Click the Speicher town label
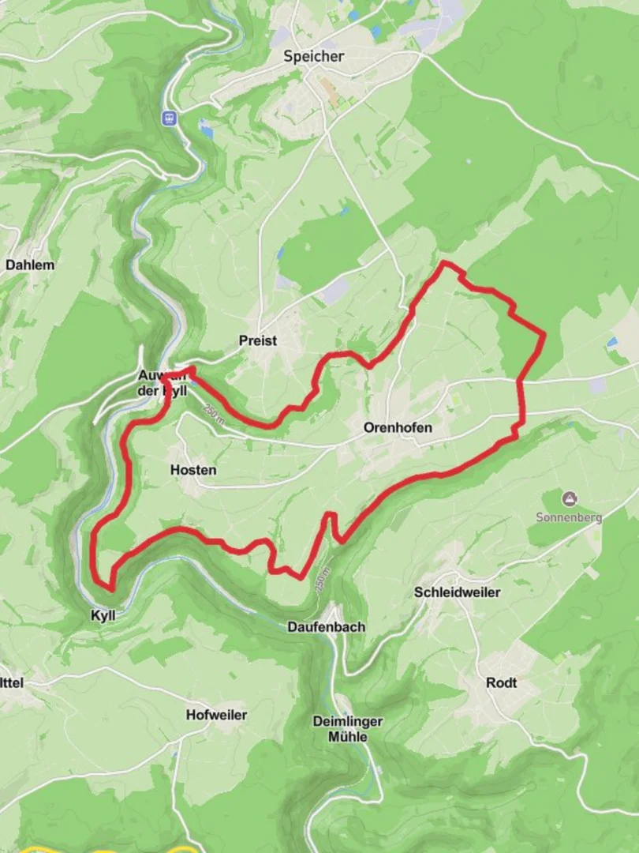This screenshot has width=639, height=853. [314, 57]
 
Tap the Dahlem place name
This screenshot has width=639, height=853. [30, 265]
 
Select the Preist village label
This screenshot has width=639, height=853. [258, 340]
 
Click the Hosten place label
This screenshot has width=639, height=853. [193, 470]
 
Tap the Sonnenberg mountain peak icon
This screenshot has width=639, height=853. [569, 498]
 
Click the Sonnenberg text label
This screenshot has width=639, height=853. [569, 517]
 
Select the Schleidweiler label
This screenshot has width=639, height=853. [457, 592]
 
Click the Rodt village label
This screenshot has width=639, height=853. [502, 682]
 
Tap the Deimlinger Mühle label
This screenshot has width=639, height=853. [348, 729]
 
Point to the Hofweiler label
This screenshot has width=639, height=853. [216, 715]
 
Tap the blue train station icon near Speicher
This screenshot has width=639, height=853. [168, 118]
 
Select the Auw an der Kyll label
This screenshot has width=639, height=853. [166, 382]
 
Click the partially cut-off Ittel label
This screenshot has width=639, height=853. [13, 682]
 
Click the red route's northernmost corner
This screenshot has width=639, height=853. [445, 262]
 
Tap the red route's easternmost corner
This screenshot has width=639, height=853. [544, 335]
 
